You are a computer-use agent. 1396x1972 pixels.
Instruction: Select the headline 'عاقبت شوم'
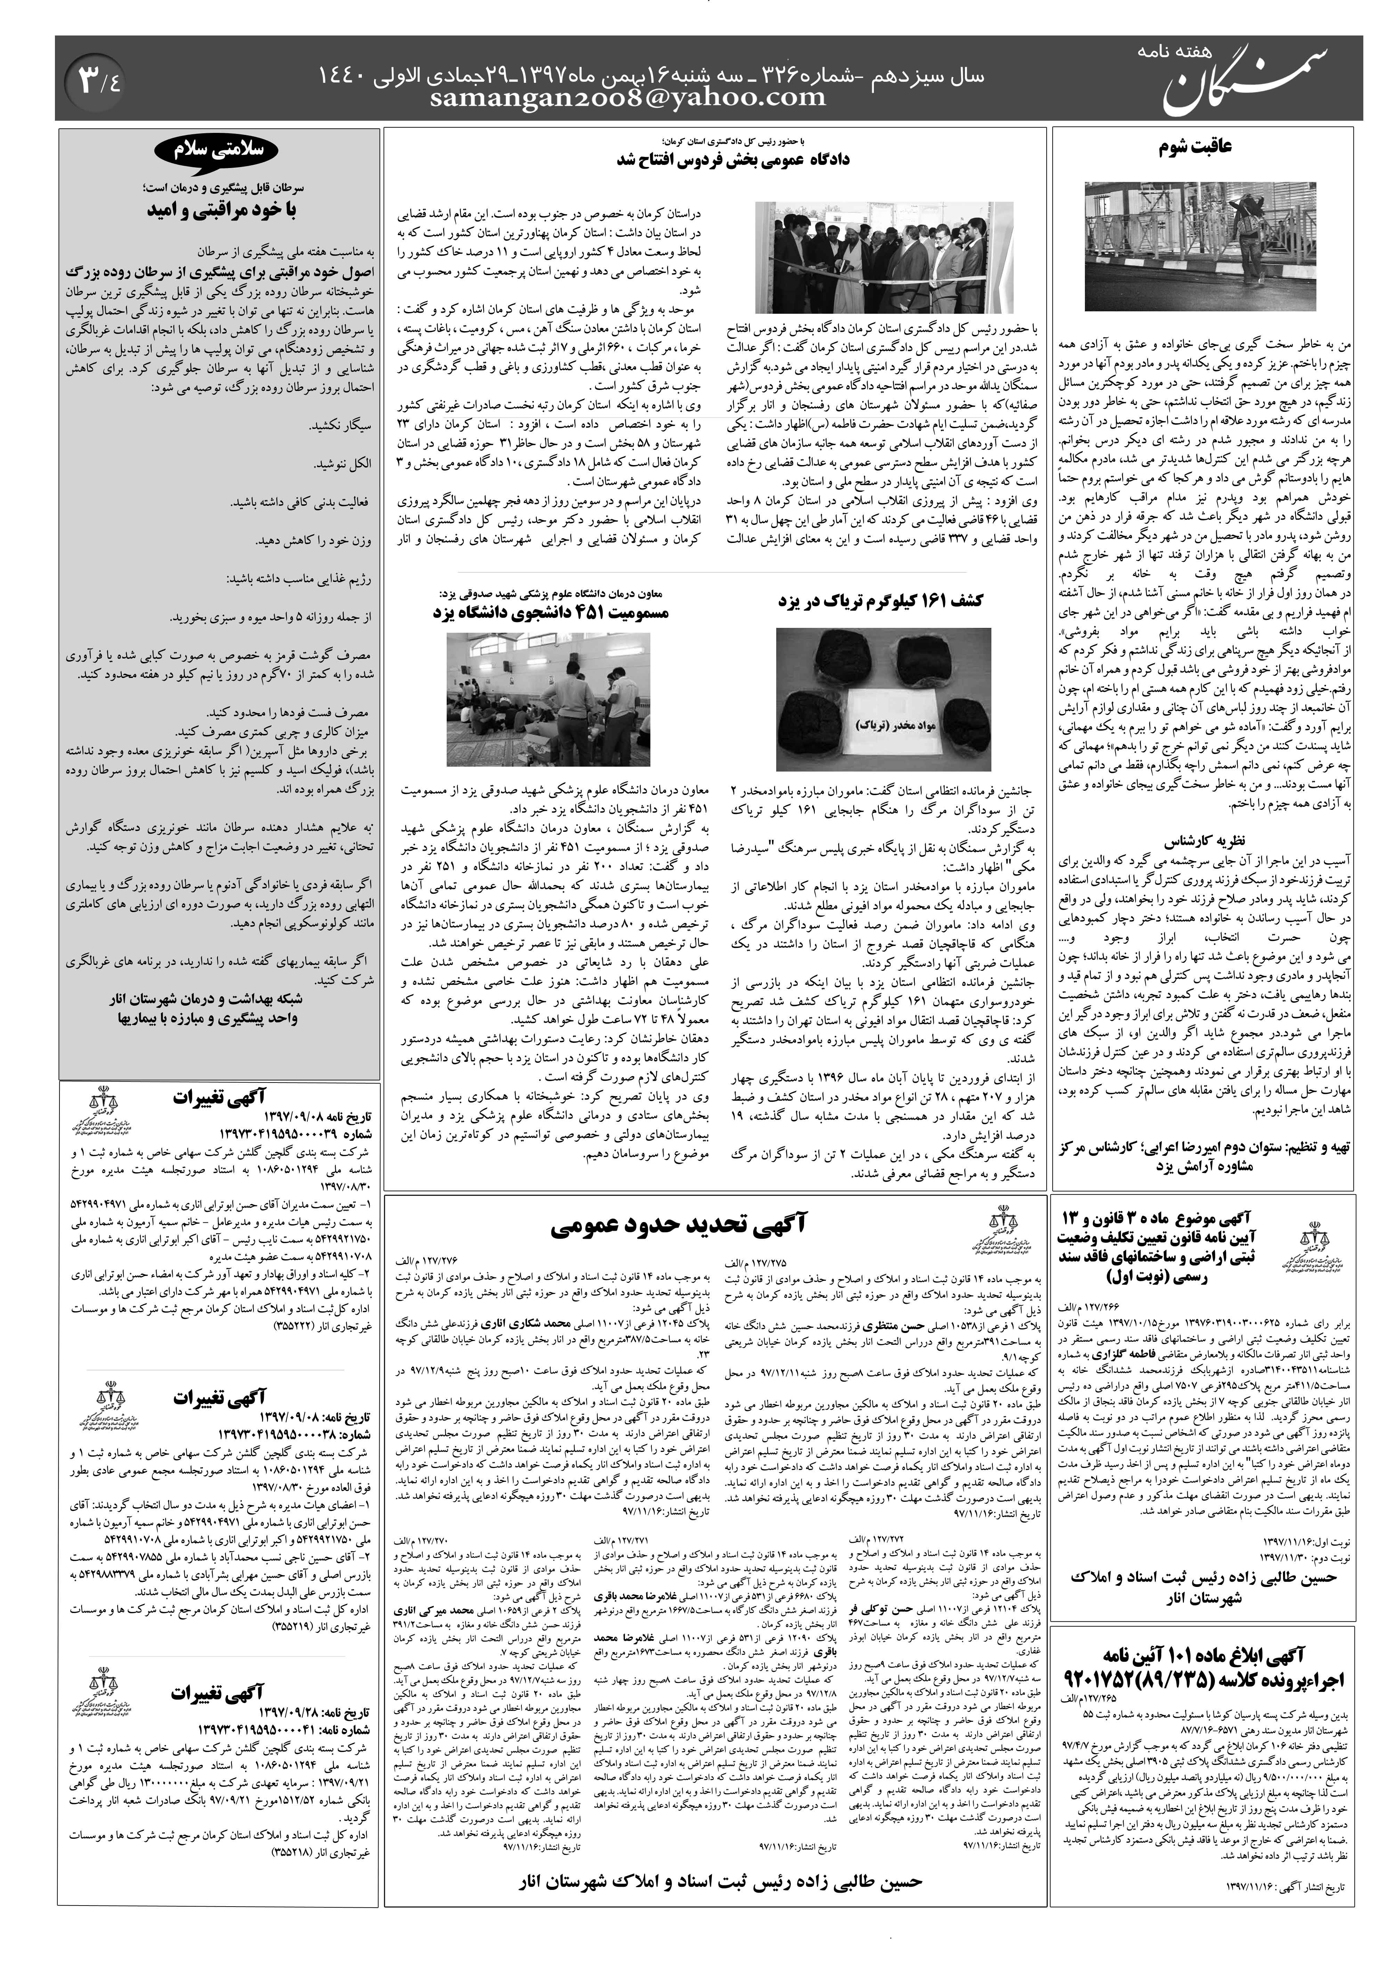click(1203, 146)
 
